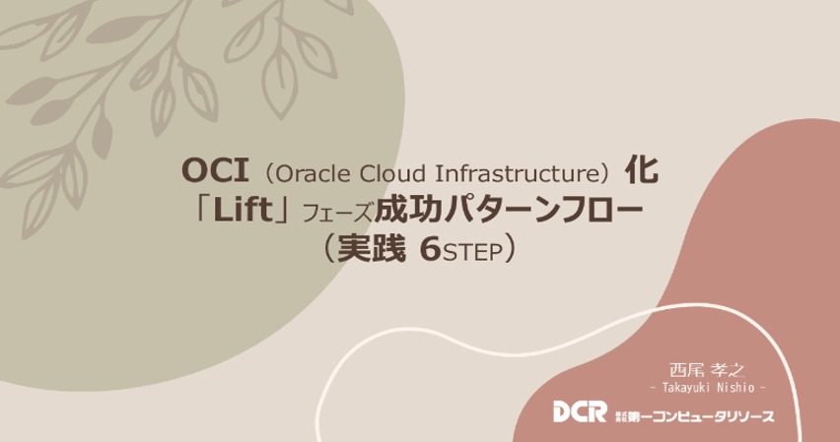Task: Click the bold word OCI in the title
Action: [214, 171]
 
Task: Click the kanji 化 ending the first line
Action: [641, 171]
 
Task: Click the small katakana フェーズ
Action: [336, 213]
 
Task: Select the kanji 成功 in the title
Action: [408, 211]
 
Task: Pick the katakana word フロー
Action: [594, 211]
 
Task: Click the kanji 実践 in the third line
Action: [371, 249]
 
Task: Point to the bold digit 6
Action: [430, 250]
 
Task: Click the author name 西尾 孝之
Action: [707, 370]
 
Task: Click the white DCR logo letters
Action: [580, 411]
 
